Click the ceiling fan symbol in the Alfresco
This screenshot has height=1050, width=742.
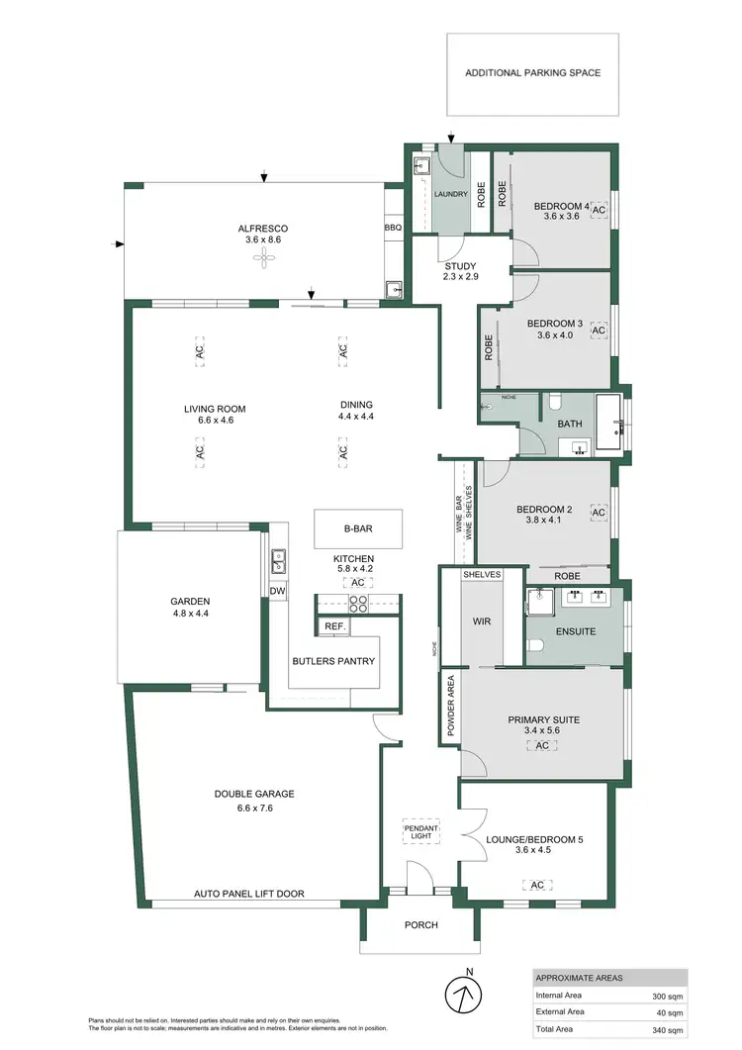(263, 260)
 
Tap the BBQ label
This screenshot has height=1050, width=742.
(393, 228)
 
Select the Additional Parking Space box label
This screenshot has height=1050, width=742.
(532, 73)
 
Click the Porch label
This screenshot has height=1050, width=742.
(421, 925)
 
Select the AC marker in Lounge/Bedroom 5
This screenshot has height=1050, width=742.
(537, 885)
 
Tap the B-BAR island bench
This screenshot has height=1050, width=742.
(358, 528)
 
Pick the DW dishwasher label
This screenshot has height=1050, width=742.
(277, 592)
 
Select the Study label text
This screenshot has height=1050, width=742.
(461, 266)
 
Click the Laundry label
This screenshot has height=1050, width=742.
(450, 194)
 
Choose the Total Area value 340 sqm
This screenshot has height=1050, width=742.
(664, 1030)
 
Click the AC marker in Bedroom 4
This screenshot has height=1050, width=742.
(599, 211)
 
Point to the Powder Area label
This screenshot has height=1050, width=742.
(451, 708)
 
